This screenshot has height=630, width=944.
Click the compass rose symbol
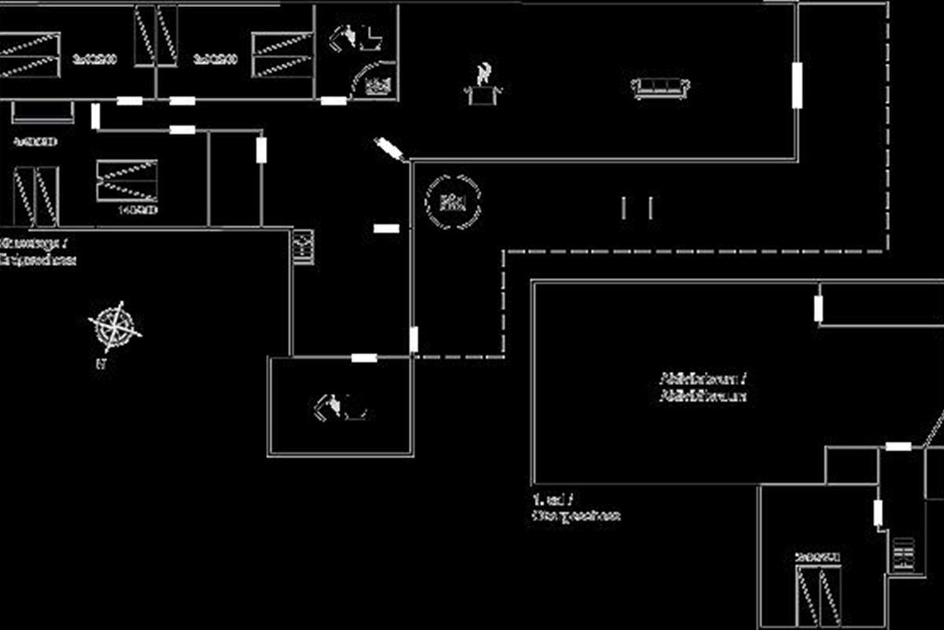(115, 325)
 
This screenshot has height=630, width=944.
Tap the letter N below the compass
(100, 365)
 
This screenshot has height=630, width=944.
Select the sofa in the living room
(661, 87)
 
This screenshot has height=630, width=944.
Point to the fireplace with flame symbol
(484, 87)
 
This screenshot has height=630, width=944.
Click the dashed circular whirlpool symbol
(452, 202)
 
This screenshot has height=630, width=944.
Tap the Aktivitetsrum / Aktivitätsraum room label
(702, 387)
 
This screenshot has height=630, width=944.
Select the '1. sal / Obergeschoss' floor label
(575, 508)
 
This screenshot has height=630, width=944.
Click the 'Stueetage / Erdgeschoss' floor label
(38, 252)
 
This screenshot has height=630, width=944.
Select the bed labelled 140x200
(127, 181)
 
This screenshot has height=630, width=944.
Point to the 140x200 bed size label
(138, 210)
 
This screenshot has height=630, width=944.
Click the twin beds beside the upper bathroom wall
(283, 54)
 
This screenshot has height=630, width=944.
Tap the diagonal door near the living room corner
(389, 148)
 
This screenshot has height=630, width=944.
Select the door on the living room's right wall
(796, 85)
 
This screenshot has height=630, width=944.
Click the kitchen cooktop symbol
(303, 246)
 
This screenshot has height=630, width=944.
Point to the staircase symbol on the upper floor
(904, 554)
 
